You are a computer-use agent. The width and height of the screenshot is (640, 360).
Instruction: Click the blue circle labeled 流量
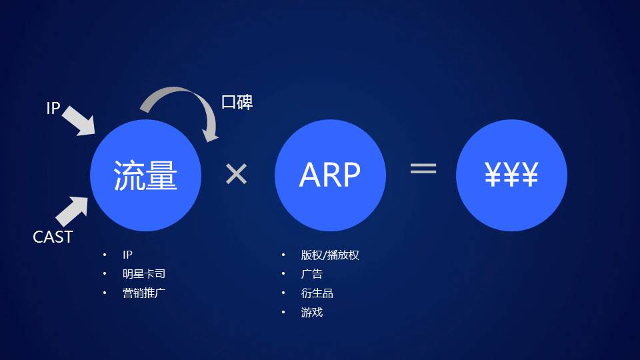(145, 175)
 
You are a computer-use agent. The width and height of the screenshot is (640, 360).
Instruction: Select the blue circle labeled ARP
(330, 175)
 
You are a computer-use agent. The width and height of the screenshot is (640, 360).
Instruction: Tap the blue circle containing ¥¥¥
(511, 175)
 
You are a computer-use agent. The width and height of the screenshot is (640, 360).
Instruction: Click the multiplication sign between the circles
(236, 175)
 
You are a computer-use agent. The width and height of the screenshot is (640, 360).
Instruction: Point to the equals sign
(423, 169)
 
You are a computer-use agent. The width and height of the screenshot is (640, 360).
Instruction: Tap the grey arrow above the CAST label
(71, 211)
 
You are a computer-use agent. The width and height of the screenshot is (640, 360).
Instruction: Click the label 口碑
(237, 103)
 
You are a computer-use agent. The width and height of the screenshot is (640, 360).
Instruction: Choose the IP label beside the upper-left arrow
(53, 109)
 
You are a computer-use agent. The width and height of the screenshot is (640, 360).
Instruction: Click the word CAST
(53, 237)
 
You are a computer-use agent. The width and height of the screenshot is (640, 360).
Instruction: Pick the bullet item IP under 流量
(128, 255)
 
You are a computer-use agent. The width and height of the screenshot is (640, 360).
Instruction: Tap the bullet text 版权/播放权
(330, 255)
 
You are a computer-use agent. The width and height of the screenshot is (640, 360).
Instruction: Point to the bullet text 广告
(311, 274)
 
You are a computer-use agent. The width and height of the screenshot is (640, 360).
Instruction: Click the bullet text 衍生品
(317, 293)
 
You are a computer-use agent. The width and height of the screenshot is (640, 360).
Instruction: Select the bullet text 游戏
(311, 312)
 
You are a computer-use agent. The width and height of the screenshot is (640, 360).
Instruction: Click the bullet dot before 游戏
(283, 312)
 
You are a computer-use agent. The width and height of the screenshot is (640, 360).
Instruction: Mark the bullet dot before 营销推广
(104, 293)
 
